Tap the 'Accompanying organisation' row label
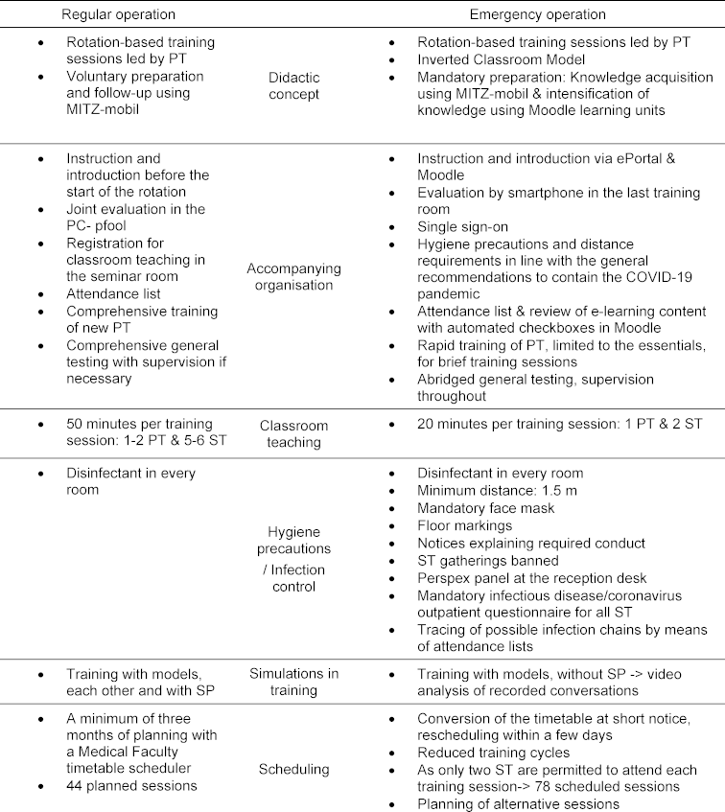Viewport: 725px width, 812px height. pyautogui.click(x=293, y=276)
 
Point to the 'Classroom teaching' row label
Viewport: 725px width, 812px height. pyautogui.click(x=293, y=433)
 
